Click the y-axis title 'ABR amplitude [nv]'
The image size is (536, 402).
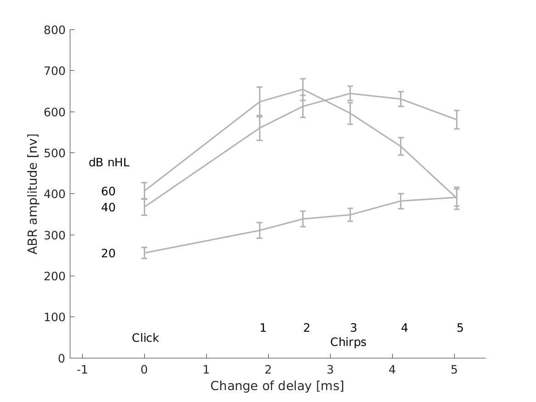(32, 194)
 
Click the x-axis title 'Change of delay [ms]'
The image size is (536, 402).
(277, 386)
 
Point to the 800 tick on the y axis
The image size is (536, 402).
(54, 30)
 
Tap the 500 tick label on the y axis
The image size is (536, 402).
(54, 153)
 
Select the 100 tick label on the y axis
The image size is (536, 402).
(54, 317)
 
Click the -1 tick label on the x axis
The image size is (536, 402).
(82, 370)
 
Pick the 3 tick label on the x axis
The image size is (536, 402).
(330, 370)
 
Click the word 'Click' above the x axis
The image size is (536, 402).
(145, 338)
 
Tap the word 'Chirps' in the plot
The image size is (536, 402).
(348, 342)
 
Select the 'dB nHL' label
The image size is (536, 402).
(109, 163)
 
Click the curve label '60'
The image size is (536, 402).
(108, 192)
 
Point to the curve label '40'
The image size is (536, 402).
(108, 208)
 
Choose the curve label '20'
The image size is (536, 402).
(108, 254)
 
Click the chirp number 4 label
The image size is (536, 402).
(404, 328)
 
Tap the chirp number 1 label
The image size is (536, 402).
(263, 328)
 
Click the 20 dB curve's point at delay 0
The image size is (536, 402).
(144, 253)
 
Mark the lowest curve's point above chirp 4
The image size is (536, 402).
(401, 201)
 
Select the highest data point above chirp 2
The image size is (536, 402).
(303, 89)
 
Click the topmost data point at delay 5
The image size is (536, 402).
(457, 119)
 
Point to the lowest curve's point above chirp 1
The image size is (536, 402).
(260, 230)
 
